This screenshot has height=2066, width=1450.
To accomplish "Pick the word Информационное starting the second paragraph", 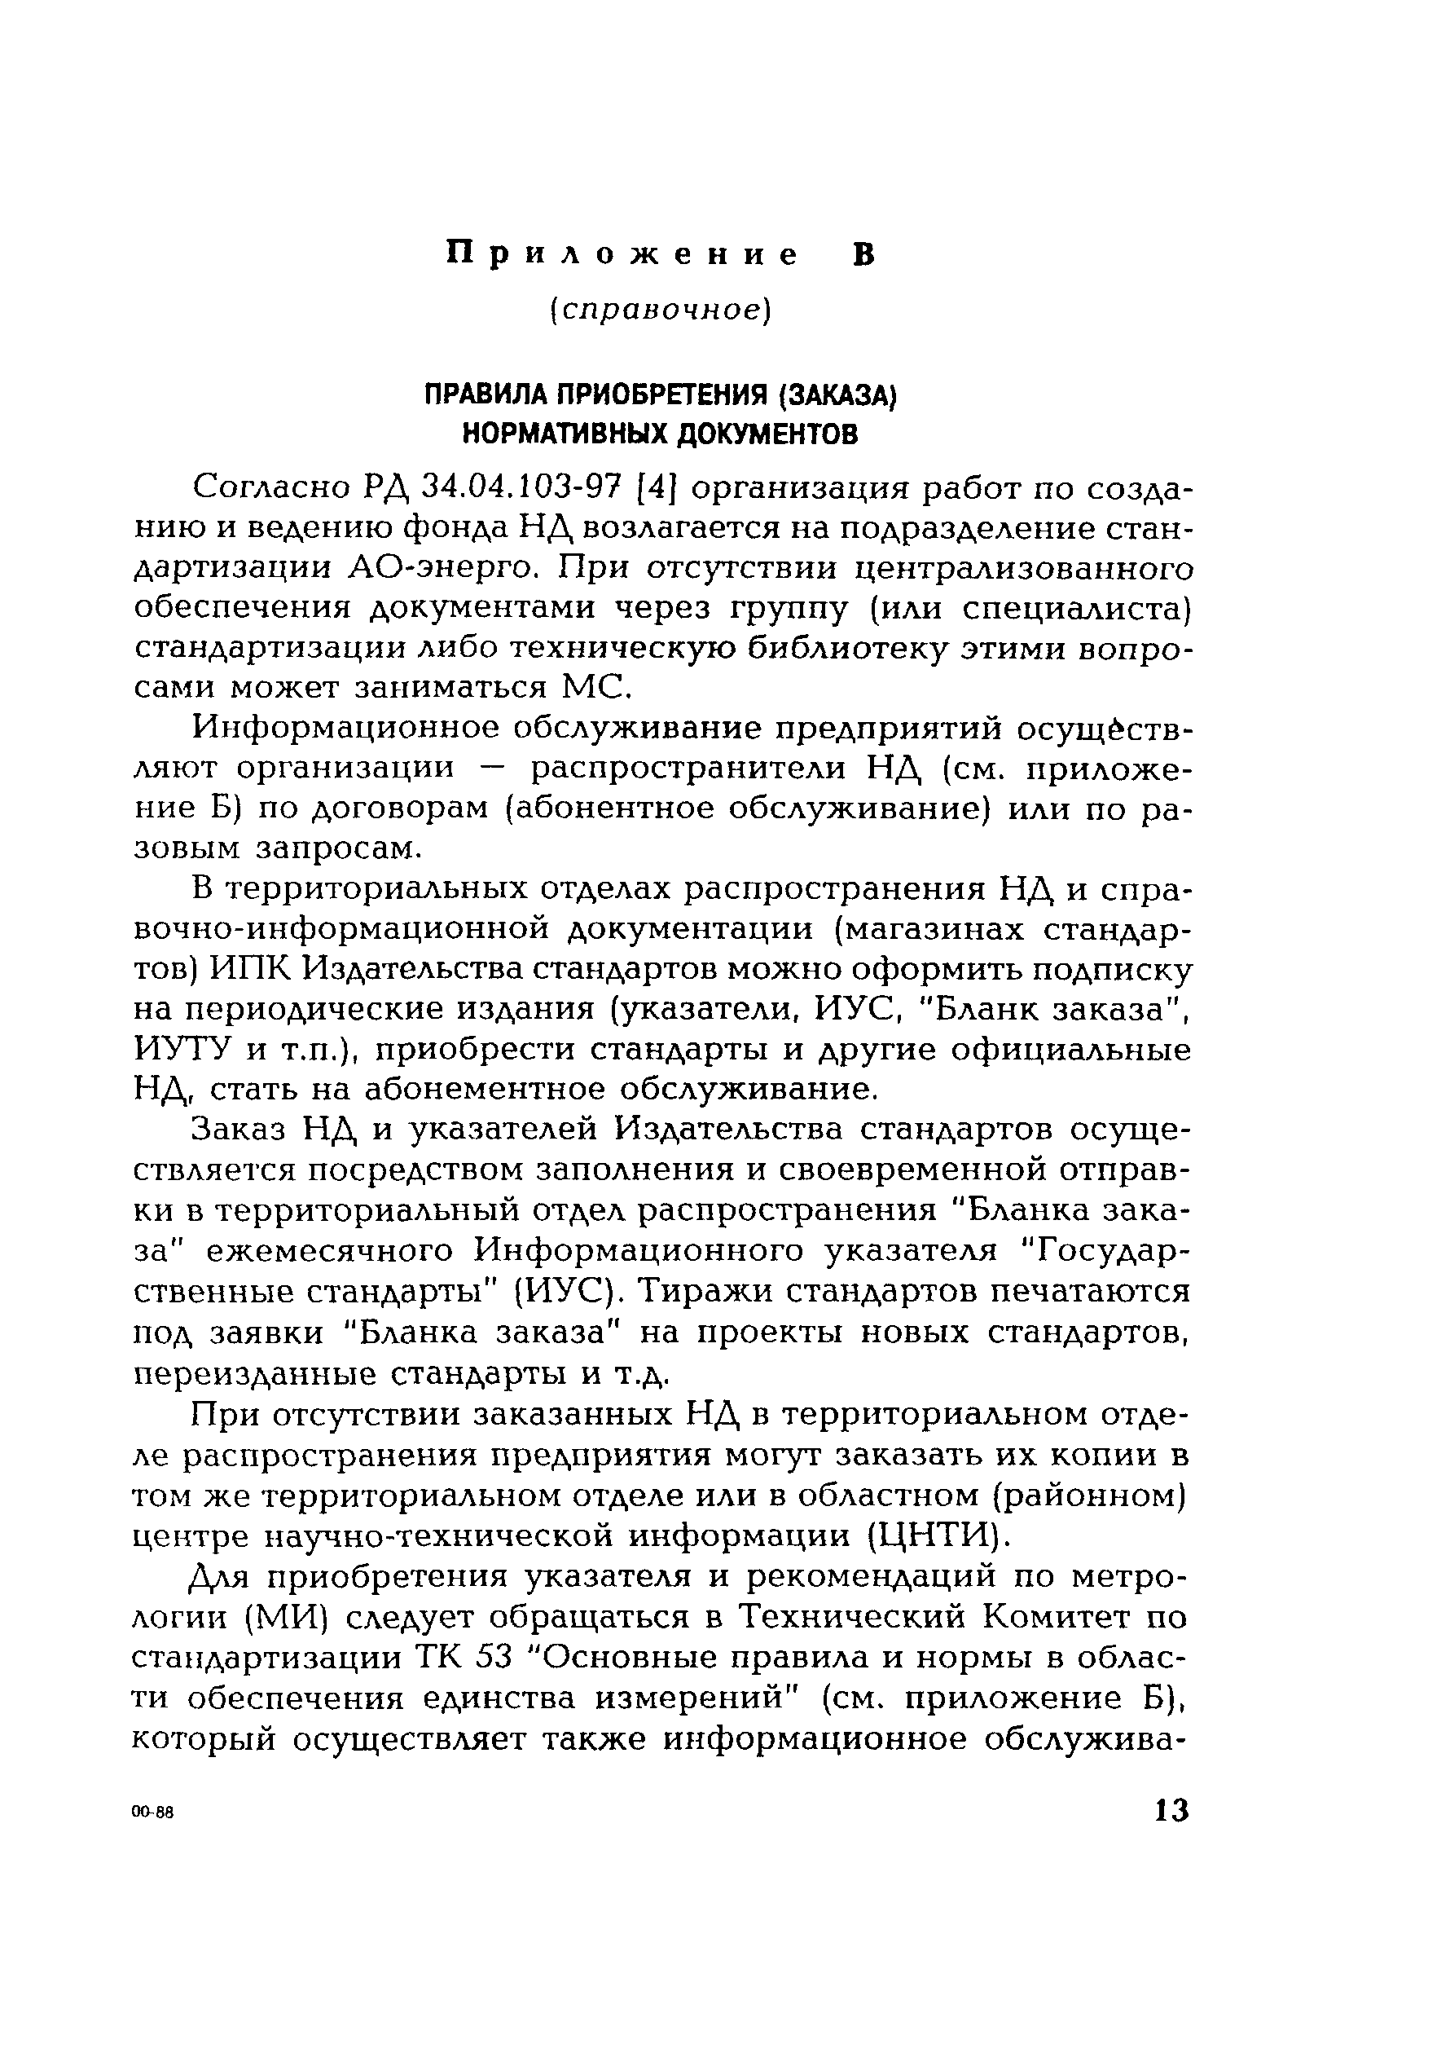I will (x=345, y=729).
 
